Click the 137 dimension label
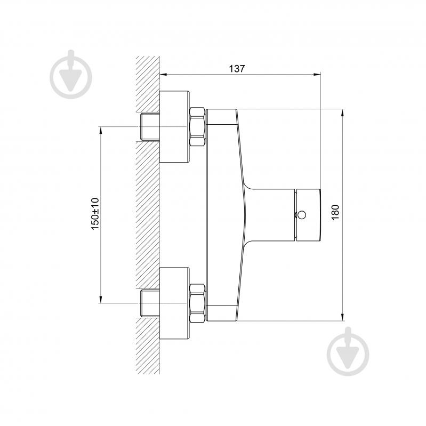point(237,68)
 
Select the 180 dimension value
point(335,212)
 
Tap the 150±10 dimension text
point(95,213)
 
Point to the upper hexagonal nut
point(197,127)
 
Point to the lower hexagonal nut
point(197,303)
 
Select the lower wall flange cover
point(174,302)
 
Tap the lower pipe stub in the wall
point(149,303)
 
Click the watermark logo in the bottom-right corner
point(348,351)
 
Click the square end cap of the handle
point(308,215)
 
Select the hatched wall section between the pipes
point(148,213)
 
